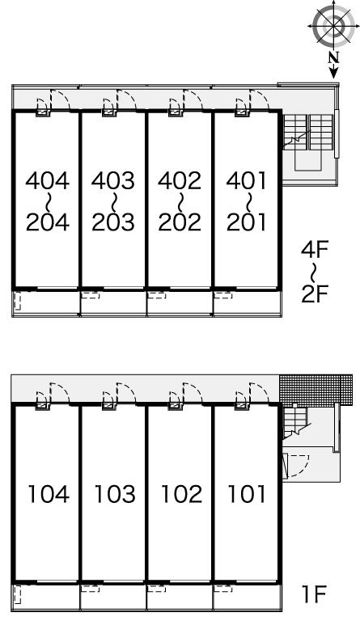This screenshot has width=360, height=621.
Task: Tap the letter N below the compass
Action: pyautogui.click(x=334, y=58)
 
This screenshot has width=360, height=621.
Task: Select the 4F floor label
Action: pyautogui.click(x=316, y=251)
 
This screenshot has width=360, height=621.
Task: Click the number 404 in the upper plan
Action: pyautogui.click(x=48, y=180)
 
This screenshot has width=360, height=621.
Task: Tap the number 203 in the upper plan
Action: pyautogui.click(x=113, y=222)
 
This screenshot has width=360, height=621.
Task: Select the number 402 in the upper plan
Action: pyautogui.click(x=180, y=180)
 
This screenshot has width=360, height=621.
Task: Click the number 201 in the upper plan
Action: pyautogui.click(x=246, y=222)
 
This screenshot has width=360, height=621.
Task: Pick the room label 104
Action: pyautogui.click(x=49, y=494)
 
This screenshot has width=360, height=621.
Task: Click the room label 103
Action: pyautogui.click(x=115, y=494)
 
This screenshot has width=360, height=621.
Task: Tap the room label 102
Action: pyautogui.click(x=181, y=494)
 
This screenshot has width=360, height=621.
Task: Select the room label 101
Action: pyautogui.click(x=246, y=494)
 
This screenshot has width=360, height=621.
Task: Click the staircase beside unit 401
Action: pyautogui.click(x=308, y=142)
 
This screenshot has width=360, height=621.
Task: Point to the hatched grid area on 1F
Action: pyautogui.click(x=316, y=389)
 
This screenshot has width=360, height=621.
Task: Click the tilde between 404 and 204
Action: pyautogui.click(x=48, y=201)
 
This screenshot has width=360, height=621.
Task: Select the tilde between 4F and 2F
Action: pyautogui.click(x=314, y=272)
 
